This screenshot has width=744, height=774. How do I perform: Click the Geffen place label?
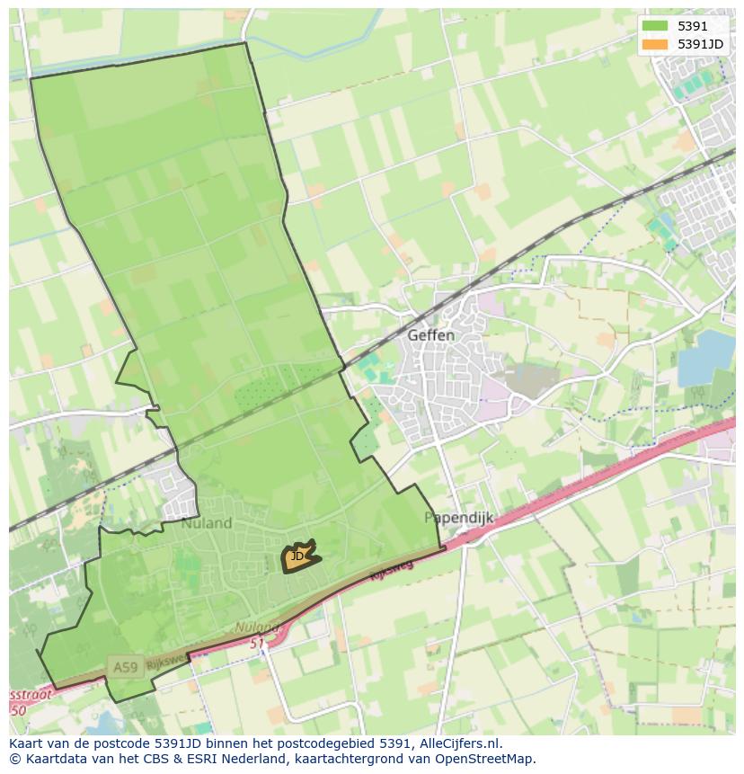430,335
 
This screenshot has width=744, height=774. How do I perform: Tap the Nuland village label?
207,522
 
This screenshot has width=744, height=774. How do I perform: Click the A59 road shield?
124,666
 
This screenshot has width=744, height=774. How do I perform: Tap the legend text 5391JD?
700,43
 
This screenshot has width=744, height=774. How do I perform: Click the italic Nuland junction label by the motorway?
257,627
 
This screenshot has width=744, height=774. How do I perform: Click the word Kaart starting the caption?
27,743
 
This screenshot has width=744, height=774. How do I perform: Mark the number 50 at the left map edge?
17,709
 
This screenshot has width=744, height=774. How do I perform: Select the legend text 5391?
693,26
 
